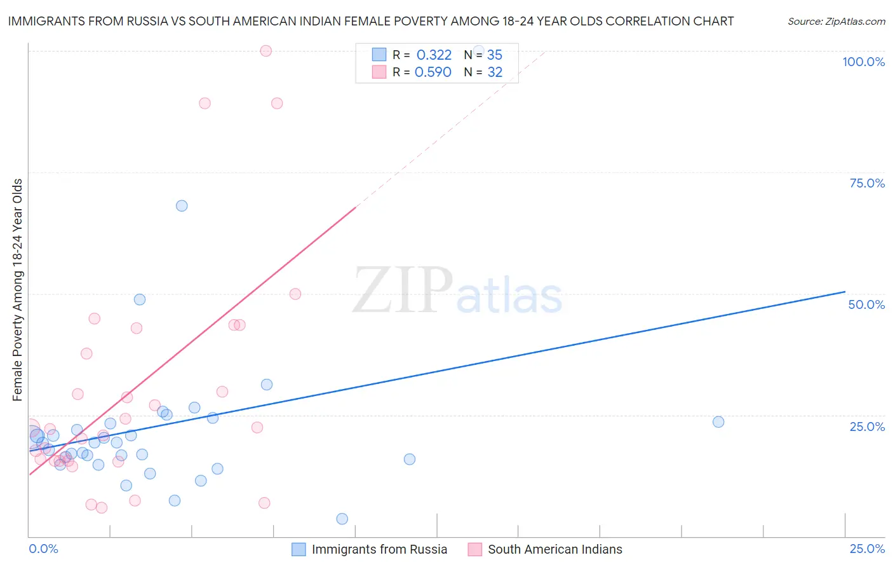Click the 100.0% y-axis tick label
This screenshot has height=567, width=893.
[863, 62]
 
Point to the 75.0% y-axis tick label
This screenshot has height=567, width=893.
[867, 183]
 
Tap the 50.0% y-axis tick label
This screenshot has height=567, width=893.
[866, 304]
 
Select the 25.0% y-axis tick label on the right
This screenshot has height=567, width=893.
[867, 426]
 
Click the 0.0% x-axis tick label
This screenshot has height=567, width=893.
[43, 549]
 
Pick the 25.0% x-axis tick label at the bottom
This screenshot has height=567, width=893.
[867, 549]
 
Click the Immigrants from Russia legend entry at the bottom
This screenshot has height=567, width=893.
[379, 549]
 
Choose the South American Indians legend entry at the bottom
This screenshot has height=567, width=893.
[554, 549]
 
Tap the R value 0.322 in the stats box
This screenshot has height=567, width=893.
[434, 55]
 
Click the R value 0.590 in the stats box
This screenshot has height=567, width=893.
[433, 72]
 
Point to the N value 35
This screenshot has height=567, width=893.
[495, 55]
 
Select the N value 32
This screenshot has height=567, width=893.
[495, 72]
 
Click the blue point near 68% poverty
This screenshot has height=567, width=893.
[182, 206]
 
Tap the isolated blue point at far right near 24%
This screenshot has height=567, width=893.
[718, 422]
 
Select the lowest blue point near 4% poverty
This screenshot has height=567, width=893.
[342, 519]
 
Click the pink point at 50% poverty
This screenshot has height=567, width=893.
[295, 294]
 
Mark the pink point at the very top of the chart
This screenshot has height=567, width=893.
[266, 51]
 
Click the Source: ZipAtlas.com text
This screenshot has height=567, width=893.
[836, 22]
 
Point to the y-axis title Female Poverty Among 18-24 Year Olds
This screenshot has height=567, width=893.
[18, 290]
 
